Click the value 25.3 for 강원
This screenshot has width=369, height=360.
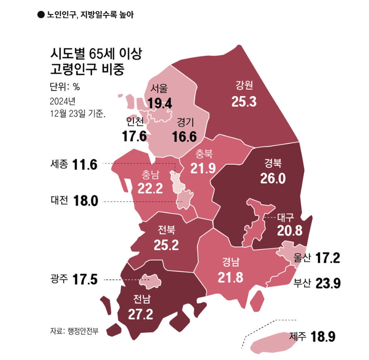click(244, 101)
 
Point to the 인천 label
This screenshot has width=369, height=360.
click(135, 122)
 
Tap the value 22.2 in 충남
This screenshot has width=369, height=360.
click(150, 188)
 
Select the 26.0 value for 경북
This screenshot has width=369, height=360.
click(273, 179)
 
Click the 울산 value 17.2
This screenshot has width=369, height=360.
click(327, 258)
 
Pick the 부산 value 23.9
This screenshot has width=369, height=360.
click(327, 284)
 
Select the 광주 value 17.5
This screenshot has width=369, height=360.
click(85, 279)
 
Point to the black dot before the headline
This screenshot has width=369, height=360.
click(41, 14)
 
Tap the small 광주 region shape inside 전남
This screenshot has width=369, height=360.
click(150, 282)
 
